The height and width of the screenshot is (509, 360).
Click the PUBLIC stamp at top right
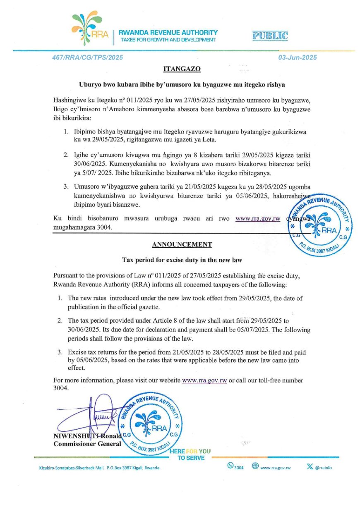(270, 36)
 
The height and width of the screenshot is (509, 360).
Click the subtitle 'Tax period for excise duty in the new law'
(182, 260)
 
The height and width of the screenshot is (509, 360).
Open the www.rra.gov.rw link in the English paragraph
(204, 380)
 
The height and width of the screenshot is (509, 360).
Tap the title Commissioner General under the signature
(87, 444)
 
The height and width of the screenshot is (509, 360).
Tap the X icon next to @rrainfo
(310, 466)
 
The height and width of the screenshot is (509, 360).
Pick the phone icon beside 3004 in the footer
(230, 466)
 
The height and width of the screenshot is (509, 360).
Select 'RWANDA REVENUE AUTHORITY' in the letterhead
(168, 32)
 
